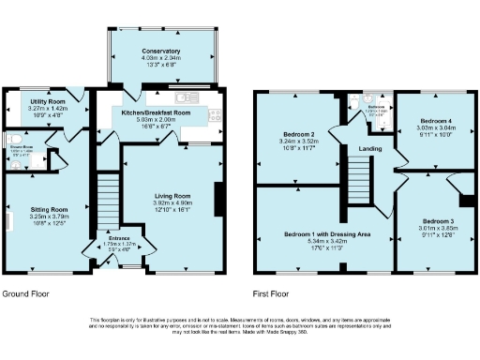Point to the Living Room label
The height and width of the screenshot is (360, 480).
pos(172,195)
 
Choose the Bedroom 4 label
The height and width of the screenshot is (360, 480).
pos(436,121)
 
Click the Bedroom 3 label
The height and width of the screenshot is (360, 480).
pos(434,220)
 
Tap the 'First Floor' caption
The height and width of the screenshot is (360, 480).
pos(273,292)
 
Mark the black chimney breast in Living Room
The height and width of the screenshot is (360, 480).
pos(219,198)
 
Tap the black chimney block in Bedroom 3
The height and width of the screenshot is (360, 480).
pos(465,200)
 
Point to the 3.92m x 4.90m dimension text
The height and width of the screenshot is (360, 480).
pos(172,202)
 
